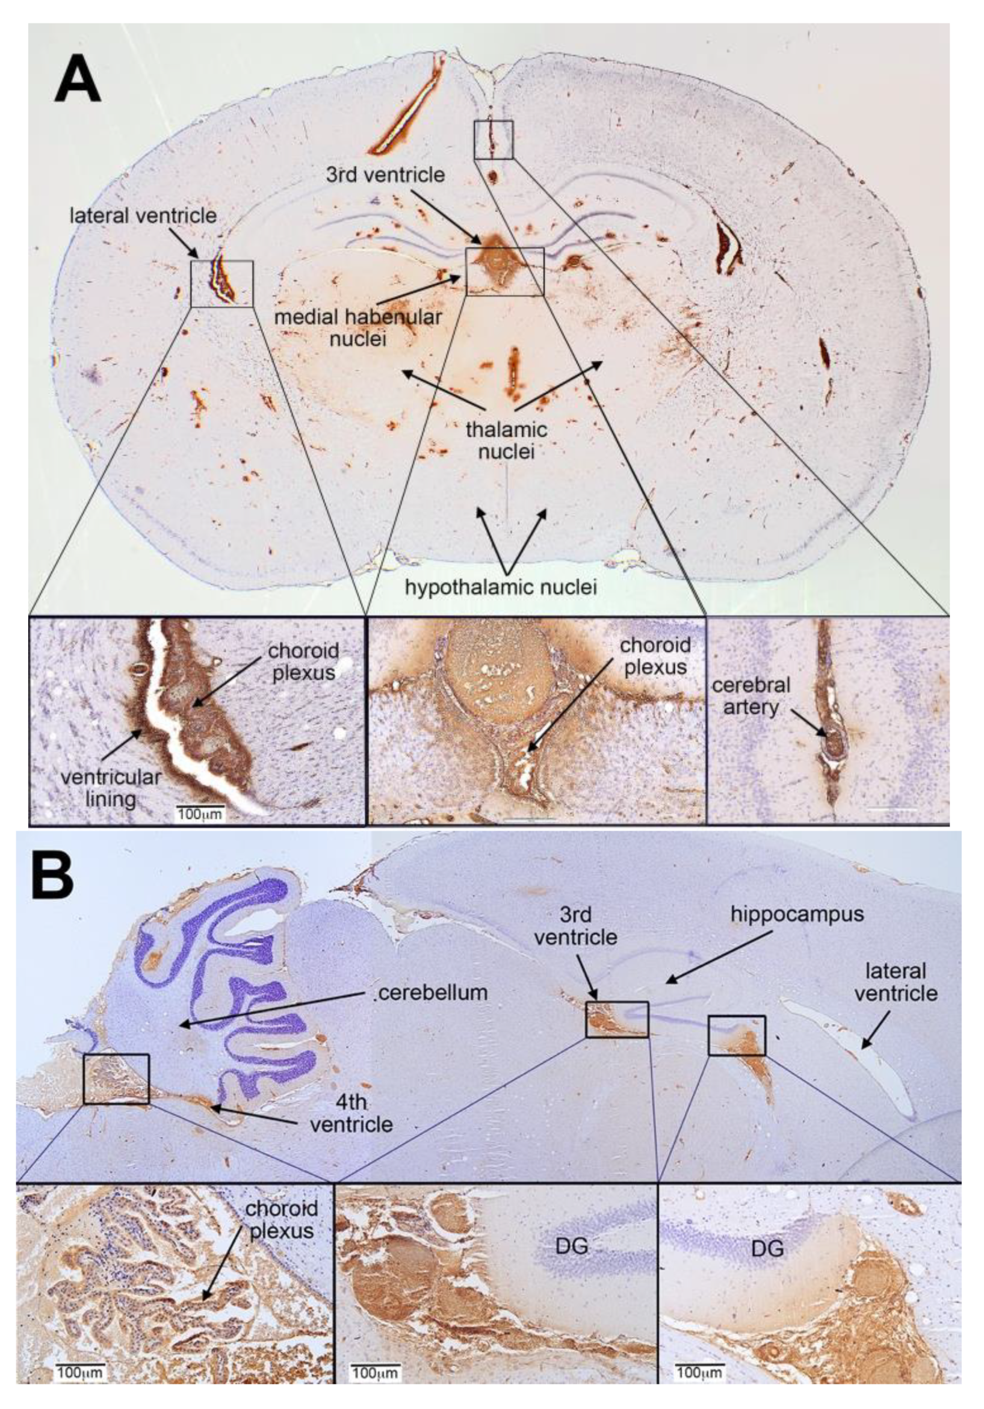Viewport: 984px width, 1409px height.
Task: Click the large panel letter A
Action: [77, 79]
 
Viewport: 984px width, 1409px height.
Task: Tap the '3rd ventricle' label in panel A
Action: [385, 175]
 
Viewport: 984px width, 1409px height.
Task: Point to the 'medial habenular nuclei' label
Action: [358, 327]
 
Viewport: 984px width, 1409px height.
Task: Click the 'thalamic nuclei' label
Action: [506, 439]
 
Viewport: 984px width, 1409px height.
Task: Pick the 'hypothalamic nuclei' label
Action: [501, 588]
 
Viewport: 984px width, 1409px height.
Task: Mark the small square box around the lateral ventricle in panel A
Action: [221, 283]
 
